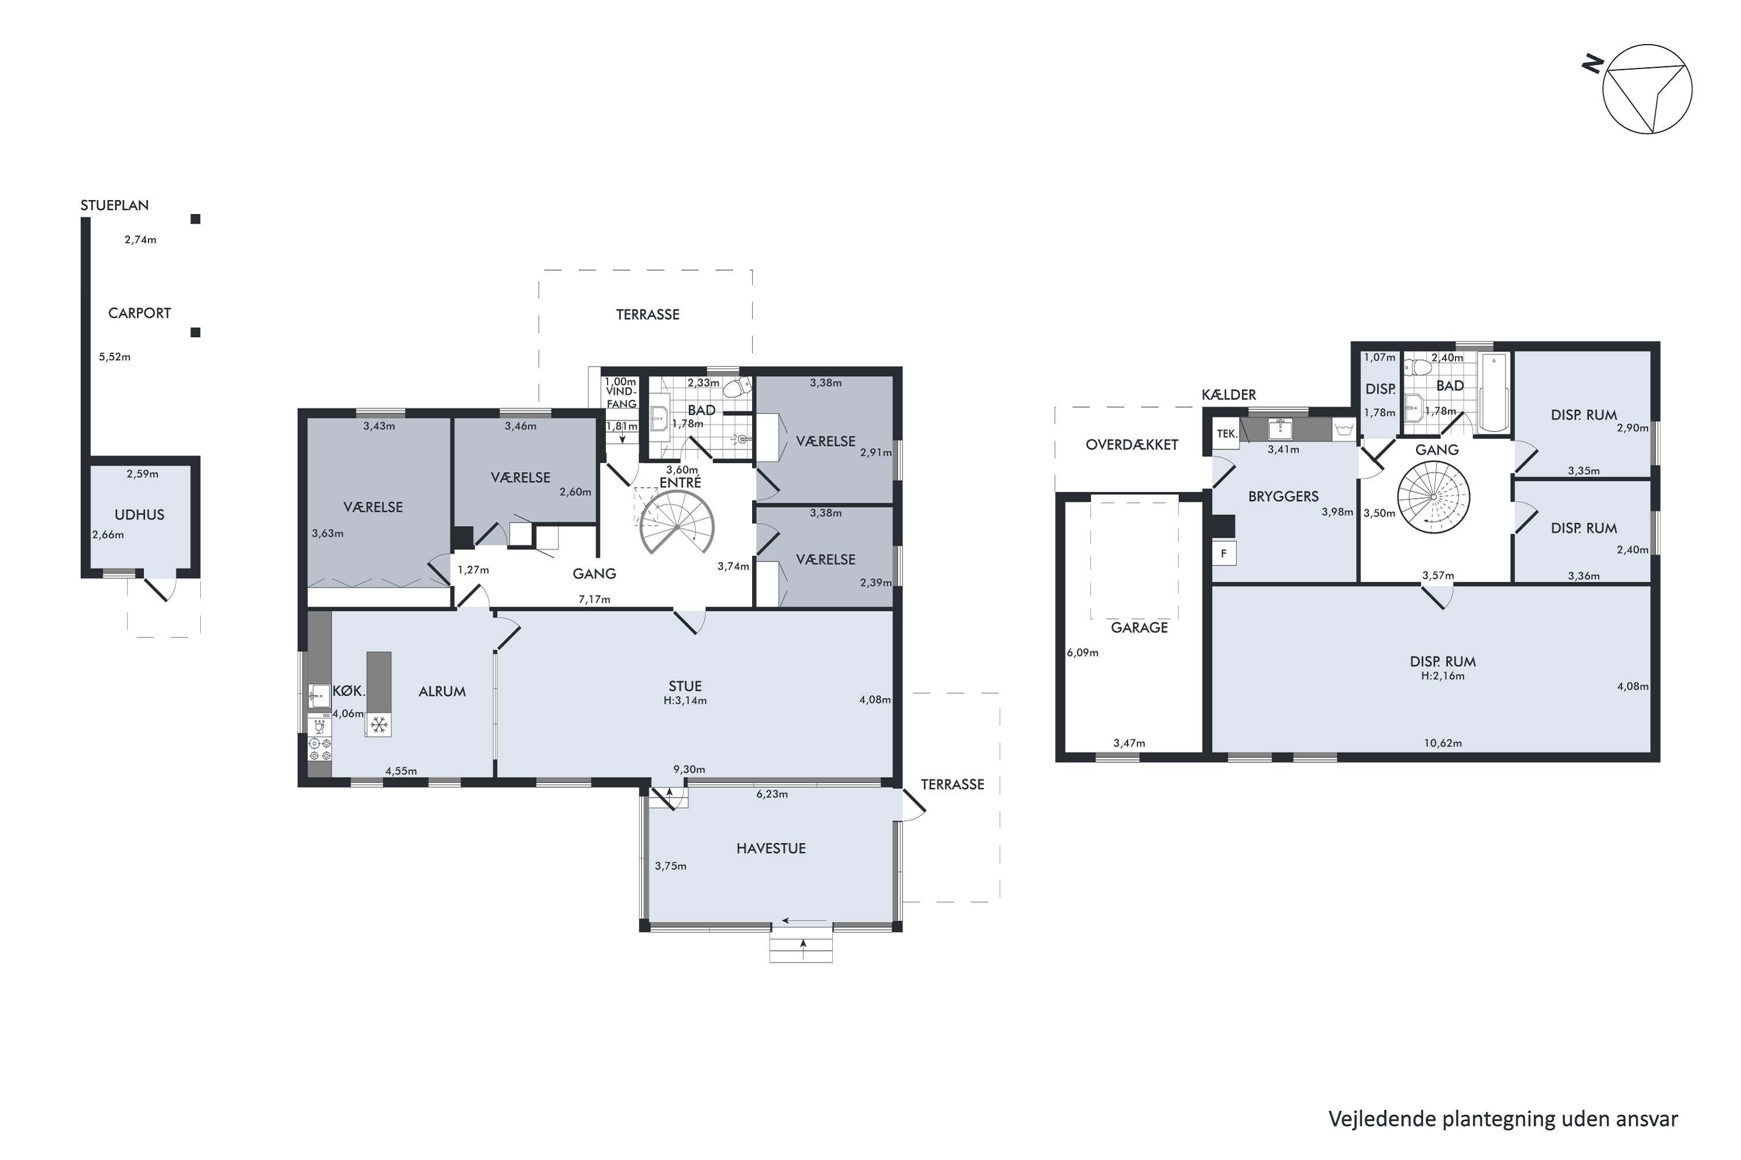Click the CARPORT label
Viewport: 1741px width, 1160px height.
tap(139, 313)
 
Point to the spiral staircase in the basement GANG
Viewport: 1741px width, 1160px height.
tap(1434, 497)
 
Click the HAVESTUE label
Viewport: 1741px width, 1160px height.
tap(771, 849)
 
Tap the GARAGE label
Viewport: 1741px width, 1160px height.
tap(1139, 628)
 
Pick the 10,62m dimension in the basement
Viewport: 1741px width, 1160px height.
tap(1443, 743)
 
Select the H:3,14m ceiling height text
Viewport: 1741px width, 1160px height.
tap(685, 701)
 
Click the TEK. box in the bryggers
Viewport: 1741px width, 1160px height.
tap(1227, 433)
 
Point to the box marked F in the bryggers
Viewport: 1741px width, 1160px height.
tap(1225, 553)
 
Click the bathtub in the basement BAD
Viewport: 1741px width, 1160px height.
tap(1494, 391)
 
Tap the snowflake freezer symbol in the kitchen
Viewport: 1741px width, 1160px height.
tap(379, 724)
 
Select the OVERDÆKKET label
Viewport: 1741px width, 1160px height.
tap(1132, 445)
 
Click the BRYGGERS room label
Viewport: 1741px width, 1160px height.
tap(1284, 496)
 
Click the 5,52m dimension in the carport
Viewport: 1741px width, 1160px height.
tap(115, 357)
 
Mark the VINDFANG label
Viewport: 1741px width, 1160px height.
tap(621, 397)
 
